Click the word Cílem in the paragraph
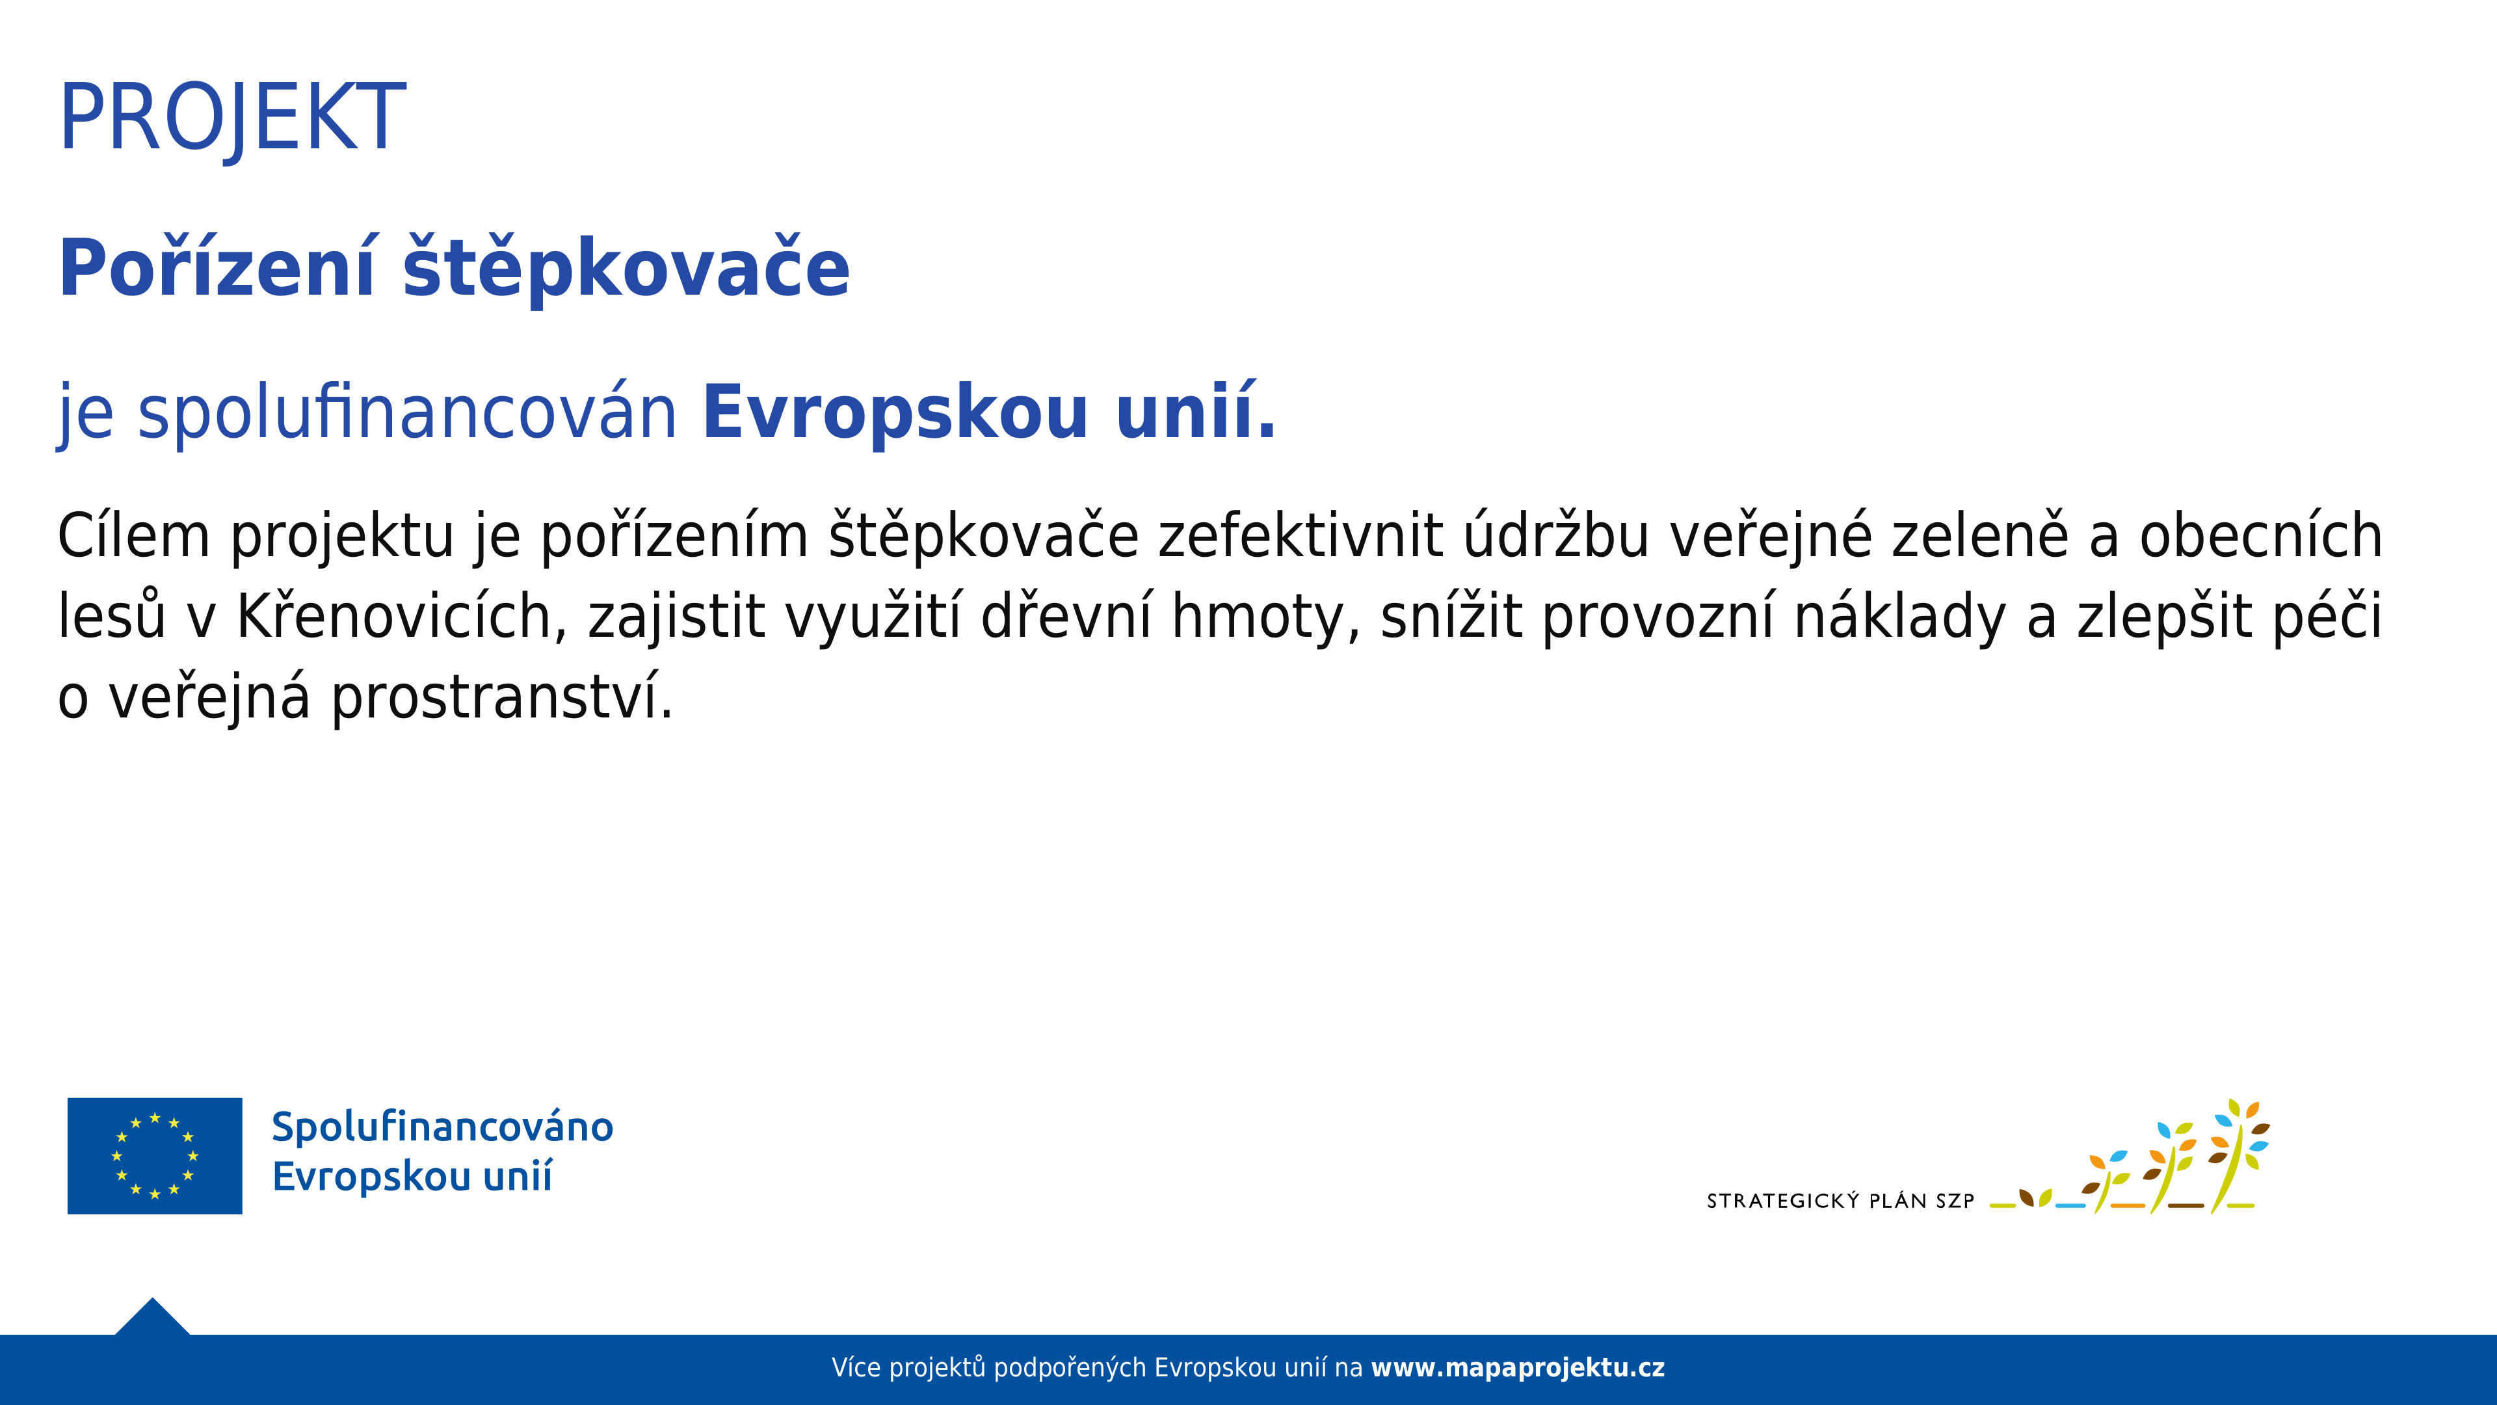point(134,535)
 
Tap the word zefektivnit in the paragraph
point(1301,535)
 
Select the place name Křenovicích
point(395,616)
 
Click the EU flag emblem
point(155,1156)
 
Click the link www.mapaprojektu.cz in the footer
point(1518,1368)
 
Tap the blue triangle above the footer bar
point(152,1318)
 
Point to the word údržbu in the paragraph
point(1556,535)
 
